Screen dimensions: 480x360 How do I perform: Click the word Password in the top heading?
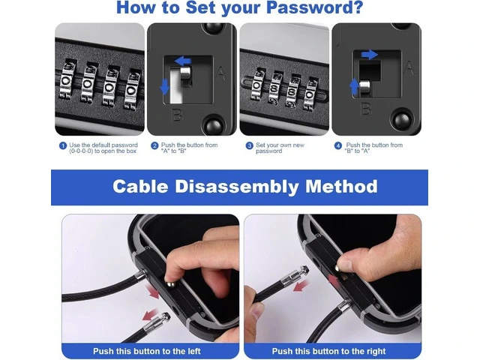314,7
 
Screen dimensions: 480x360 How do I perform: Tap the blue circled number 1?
63,145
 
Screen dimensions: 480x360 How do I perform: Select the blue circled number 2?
154,145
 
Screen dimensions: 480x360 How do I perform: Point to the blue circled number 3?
250,145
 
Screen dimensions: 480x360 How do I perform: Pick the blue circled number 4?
338,145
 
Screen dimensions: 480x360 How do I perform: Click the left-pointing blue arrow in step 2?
183,61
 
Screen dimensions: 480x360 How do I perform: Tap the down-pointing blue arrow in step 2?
165,87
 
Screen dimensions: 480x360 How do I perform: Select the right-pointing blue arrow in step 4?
369,55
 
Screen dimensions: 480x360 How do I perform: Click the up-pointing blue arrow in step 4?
354,87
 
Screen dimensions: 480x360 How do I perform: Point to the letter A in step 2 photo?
221,74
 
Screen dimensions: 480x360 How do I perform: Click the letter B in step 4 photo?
366,109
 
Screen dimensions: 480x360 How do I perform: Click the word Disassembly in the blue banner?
237,187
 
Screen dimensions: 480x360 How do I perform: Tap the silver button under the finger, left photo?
170,285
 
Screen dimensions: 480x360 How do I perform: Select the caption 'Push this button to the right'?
328,351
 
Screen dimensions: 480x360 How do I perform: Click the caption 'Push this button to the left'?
147,351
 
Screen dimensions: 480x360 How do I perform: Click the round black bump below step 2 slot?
212,125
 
